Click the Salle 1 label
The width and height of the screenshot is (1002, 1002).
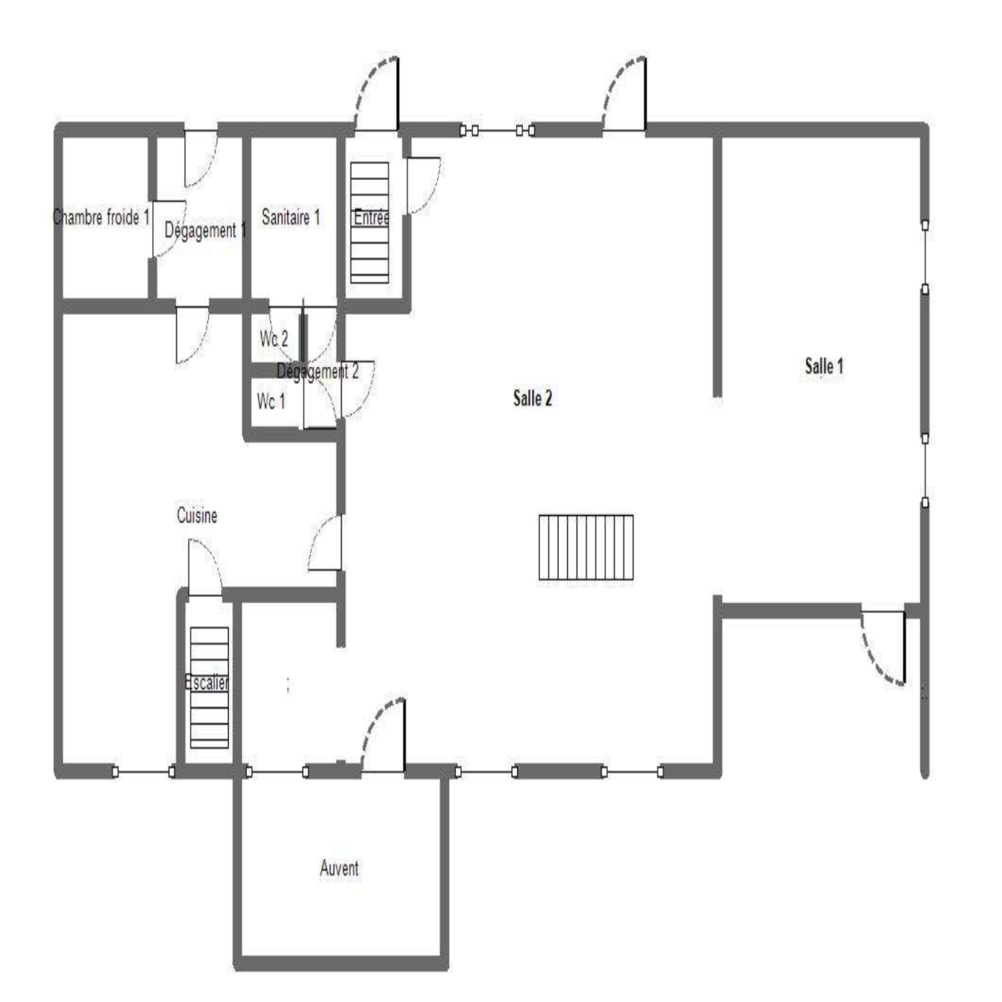824,366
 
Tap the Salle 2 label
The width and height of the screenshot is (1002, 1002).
532,398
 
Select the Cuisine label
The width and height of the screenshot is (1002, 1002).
197,515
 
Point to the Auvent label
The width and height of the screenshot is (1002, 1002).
339,868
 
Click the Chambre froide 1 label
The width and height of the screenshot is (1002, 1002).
101,217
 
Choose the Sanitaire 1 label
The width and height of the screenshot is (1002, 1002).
291,217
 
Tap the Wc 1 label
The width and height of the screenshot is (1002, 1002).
271,401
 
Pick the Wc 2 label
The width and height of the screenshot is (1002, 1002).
274,339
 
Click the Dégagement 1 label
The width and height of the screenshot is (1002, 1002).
205,230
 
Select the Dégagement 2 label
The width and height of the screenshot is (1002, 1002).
318,371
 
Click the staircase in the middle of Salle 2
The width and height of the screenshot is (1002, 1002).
586,547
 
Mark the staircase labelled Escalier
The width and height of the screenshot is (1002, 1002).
209,688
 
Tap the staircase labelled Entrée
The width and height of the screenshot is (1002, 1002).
369,222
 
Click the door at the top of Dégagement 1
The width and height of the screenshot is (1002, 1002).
201,158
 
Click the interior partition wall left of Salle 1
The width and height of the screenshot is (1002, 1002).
718,267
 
